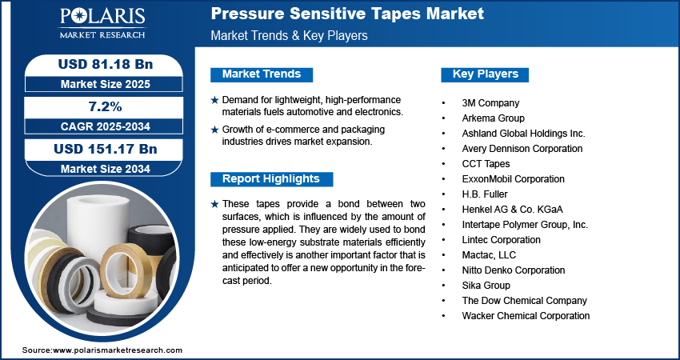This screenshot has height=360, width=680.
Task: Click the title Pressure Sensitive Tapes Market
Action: click(x=346, y=14)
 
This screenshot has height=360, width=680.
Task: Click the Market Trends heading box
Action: click(x=261, y=74)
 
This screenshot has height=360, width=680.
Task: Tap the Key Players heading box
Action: click(x=486, y=74)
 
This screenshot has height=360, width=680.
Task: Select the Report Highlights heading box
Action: click(x=270, y=179)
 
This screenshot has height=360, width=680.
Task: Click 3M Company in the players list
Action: click(x=490, y=103)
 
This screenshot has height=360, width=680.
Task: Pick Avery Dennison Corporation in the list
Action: click(x=522, y=149)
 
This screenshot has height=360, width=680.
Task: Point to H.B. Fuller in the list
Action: click(x=485, y=194)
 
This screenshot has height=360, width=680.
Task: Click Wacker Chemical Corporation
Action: click(x=526, y=316)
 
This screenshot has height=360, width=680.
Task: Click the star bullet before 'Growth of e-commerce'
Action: click(x=214, y=130)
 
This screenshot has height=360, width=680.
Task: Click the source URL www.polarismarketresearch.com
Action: click(x=118, y=350)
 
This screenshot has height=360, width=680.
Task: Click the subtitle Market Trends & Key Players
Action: click(x=289, y=36)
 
